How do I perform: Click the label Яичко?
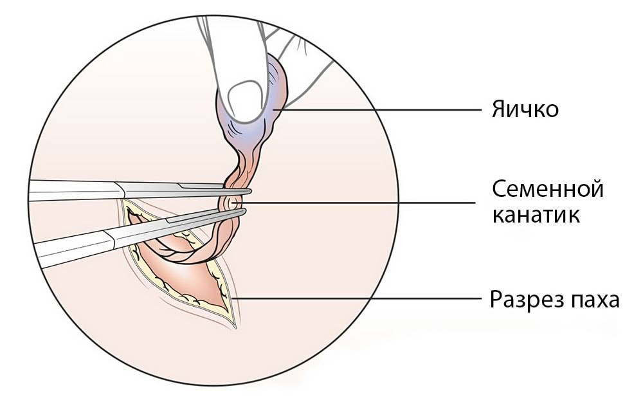coord(525,109)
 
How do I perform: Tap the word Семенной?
coord(548,189)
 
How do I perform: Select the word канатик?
coord(536,215)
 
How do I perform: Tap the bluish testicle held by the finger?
coord(254,107)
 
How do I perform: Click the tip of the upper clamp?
coord(250,191)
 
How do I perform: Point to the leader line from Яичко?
coord(377,110)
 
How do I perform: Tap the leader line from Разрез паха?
coord(356,298)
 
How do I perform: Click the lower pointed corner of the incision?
coord(235,328)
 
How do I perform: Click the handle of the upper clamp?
coord(74,191)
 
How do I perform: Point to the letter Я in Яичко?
coord(499,110)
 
